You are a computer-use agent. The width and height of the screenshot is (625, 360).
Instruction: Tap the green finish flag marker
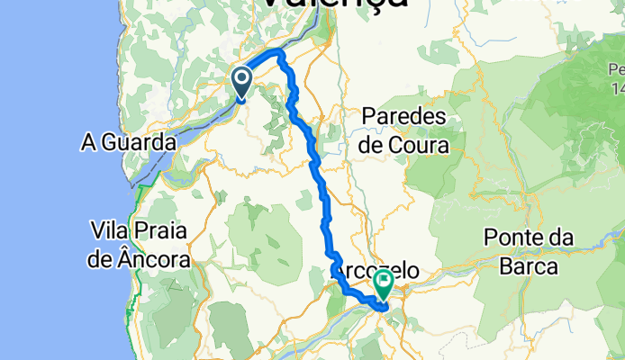pos(384,285)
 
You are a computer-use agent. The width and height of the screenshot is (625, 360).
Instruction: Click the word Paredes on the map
pos(404,117)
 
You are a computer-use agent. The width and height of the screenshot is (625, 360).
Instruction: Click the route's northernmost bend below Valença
pos(281,54)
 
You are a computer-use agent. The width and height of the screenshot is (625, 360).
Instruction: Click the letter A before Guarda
pos(89,142)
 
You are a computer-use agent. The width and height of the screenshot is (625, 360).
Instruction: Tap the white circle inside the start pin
pos(243,80)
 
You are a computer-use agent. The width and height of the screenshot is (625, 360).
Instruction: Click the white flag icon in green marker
pos(384,282)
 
